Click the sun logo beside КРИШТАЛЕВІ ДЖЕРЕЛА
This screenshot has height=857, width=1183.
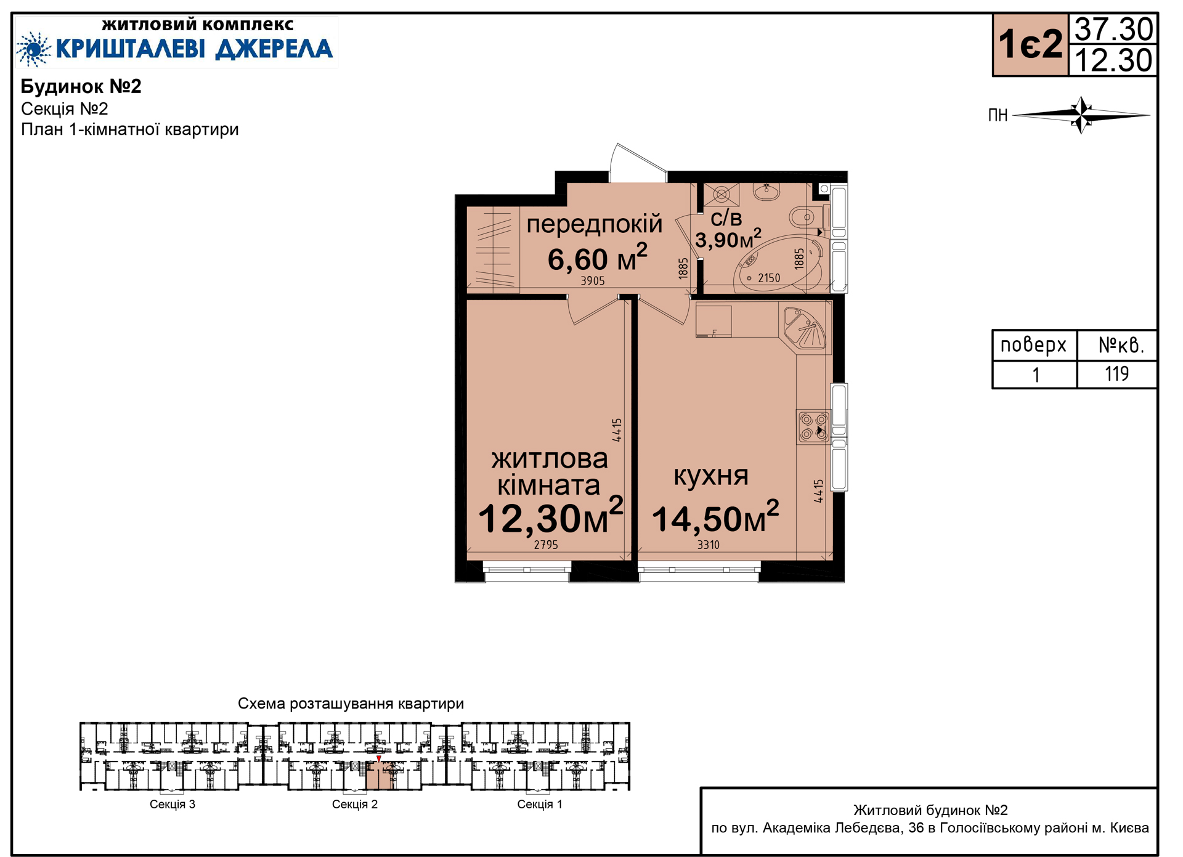pos(33,49)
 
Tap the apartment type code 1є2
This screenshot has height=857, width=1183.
pos(1031,45)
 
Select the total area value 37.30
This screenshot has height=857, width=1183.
pos(1113,29)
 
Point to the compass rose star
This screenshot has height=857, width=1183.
pos(1081,115)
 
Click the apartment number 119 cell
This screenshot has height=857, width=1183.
pos(1116,374)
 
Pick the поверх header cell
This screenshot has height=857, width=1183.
pos(1034,345)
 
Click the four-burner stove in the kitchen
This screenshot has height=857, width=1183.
pos(813,427)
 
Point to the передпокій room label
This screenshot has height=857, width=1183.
pos(594,224)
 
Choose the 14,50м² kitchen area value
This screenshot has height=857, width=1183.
pos(715,518)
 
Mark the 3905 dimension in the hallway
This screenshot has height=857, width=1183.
pos(593,281)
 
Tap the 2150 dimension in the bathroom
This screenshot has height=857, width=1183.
pos(769,278)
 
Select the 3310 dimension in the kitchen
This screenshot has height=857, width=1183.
pos(709,545)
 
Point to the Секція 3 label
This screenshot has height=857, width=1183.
pos(173,804)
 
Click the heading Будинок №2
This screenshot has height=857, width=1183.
pos(81,86)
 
